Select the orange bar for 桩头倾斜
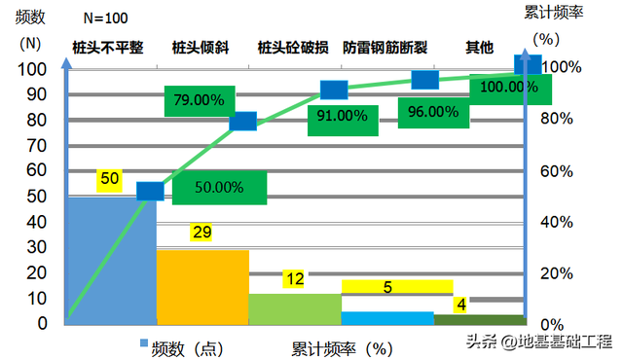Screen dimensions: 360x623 [x=202, y=287]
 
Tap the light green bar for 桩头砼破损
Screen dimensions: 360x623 [x=295, y=308]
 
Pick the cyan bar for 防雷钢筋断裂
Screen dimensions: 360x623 [x=387, y=318]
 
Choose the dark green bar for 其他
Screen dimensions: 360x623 [x=479, y=319]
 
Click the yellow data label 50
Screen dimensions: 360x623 [x=109, y=179]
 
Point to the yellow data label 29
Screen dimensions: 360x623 [x=202, y=233]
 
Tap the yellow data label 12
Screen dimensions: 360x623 [x=295, y=279]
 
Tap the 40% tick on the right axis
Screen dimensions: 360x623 [x=554, y=222]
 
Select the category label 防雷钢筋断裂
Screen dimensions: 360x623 [x=385, y=47]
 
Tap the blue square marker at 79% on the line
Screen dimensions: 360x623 [x=243, y=121]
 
